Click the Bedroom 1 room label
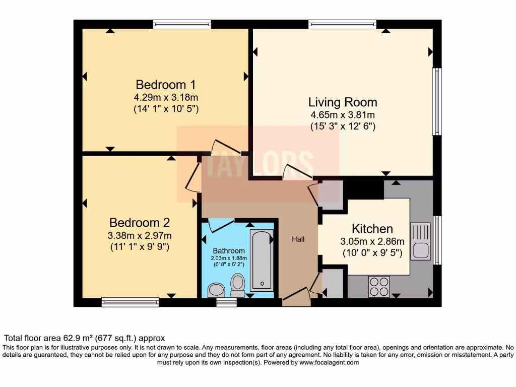point(166,85)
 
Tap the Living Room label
point(343,102)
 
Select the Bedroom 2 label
point(140,223)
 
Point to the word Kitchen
point(372,229)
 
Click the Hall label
point(298,239)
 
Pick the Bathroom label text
point(229,251)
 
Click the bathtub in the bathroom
point(262,261)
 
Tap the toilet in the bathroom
point(238,285)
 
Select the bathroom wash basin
point(216,290)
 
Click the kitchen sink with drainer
point(420,241)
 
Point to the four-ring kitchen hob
point(379,287)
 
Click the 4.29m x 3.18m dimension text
point(166,97)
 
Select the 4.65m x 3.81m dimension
point(343,115)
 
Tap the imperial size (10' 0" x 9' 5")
point(372,253)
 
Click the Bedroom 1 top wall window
point(182,24)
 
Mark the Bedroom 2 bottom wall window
point(131,302)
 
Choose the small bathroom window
point(226,302)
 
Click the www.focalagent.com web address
point(329,363)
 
